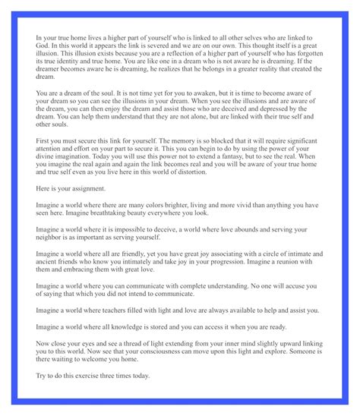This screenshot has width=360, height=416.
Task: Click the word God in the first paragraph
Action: click(x=43, y=46)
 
